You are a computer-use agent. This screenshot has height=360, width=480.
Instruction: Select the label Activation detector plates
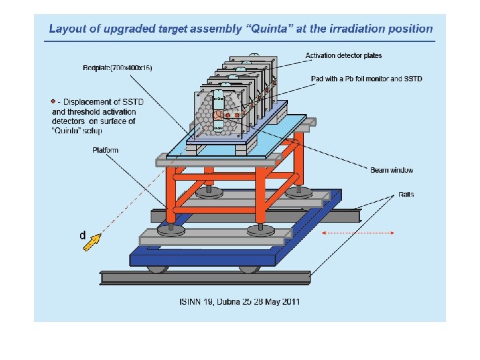point(343,55)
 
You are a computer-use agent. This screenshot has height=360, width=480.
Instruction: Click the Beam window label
point(391,170)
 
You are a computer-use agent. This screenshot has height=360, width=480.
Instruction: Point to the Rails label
point(406,195)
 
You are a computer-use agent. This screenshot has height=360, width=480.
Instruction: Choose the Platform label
point(105,150)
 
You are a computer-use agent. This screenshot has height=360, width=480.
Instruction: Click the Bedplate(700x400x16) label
point(117,68)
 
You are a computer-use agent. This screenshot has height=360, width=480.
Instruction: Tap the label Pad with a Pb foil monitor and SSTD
point(366,79)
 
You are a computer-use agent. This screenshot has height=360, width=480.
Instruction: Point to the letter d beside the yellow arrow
point(82,235)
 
